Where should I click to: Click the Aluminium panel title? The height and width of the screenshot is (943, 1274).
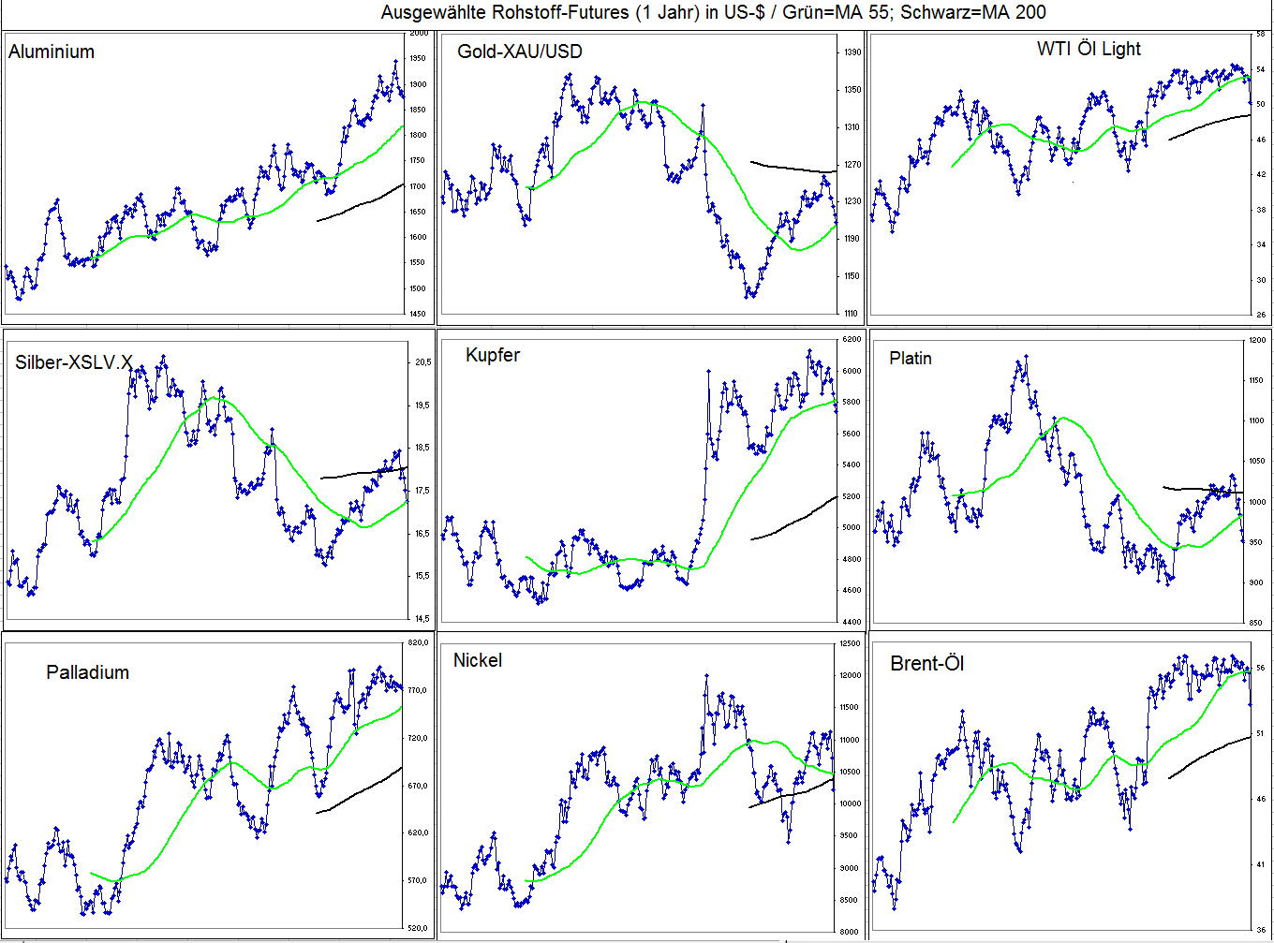click(52, 52)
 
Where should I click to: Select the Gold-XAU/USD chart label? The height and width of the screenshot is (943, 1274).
click(519, 52)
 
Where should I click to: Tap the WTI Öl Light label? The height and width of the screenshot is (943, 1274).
click(1089, 49)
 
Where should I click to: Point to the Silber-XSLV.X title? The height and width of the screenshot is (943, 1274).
click(74, 362)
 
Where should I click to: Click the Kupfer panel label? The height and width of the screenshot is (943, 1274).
click(492, 355)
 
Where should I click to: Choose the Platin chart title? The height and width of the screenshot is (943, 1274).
click(910, 358)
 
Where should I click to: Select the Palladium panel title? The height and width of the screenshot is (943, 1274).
click(87, 672)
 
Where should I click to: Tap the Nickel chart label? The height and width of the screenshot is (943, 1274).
click(477, 660)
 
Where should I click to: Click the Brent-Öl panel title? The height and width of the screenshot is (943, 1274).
click(926, 664)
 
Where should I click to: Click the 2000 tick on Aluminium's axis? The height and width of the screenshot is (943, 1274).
click(419, 34)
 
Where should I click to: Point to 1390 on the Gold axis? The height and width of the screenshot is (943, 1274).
click(851, 52)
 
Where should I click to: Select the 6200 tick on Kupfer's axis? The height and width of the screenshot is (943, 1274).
click(851, 339)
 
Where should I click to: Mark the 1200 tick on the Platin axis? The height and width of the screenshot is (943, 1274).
click(1257, 341)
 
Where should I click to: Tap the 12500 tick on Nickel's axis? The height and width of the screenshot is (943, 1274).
click(850, 643)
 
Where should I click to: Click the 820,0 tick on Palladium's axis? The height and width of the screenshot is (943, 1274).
click(418, 643)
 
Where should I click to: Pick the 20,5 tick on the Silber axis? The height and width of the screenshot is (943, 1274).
click(422, 362)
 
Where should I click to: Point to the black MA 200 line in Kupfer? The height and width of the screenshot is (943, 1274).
click(796, 521)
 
